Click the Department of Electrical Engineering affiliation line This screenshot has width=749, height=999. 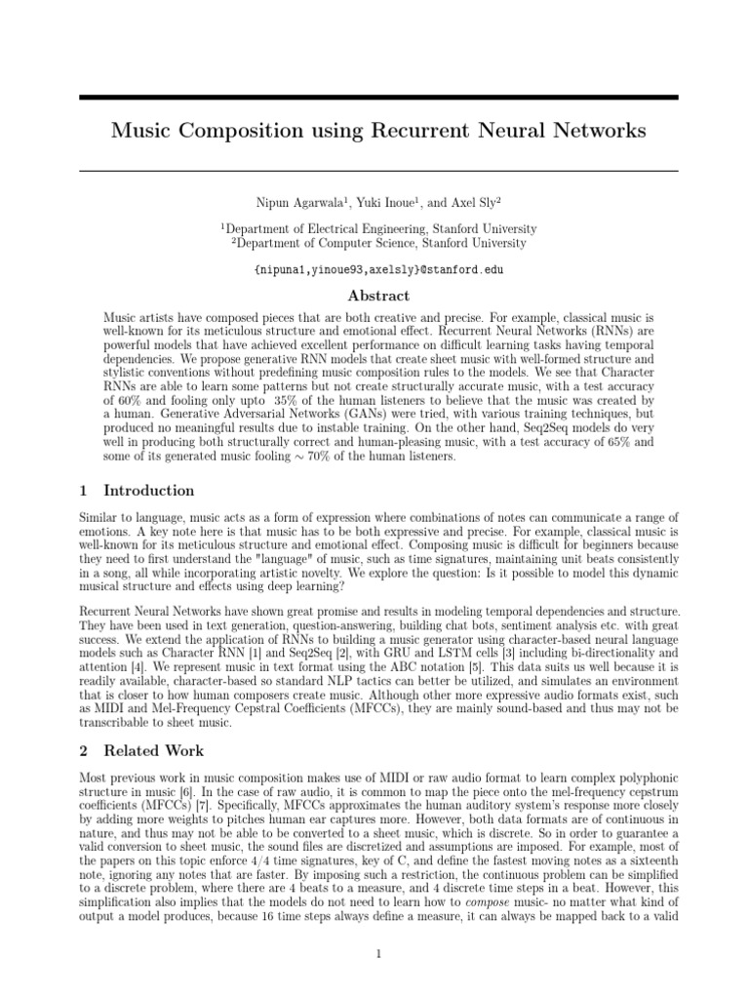(378, 227)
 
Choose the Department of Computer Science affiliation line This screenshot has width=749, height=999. (378, 243)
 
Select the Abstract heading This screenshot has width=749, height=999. (378, 296)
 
